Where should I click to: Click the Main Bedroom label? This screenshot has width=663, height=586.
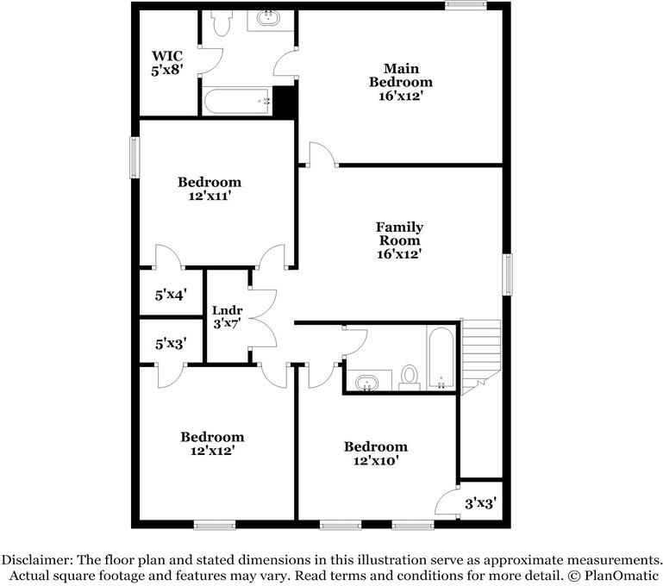pos(401,82)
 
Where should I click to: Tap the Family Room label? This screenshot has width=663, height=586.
pos(399,240)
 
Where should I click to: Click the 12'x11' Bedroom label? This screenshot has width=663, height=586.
pos(210,189)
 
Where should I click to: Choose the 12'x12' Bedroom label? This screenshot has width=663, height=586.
pos(211,443)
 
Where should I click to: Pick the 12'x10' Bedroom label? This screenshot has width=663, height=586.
pos(375,452)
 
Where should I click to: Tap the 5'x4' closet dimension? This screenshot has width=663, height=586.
pos(171,295)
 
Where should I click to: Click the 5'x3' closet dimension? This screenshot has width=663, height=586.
pos(171,344)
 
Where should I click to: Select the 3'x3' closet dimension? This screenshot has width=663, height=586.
pos(480,503)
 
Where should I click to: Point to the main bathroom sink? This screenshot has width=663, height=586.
pos(271,19)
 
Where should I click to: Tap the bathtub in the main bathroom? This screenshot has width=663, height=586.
pos(238,103)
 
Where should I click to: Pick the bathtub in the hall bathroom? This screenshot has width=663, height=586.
pos(440,358)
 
